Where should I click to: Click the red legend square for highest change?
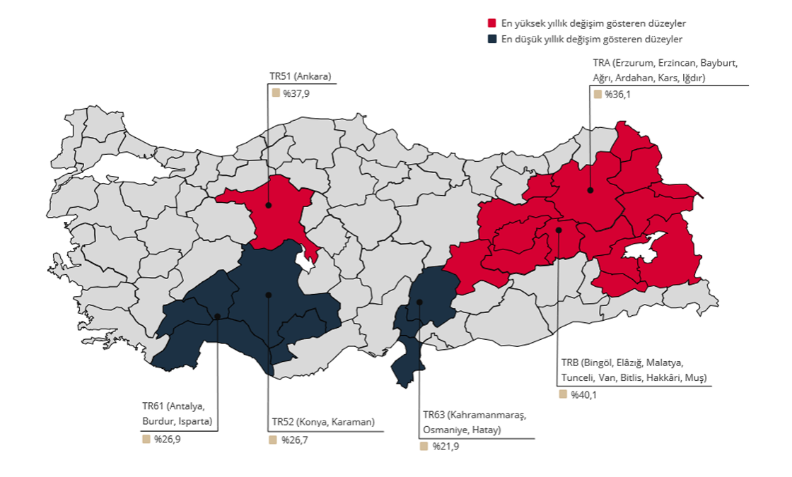(491, 24)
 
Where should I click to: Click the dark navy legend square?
(491, 40)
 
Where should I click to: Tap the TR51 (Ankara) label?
(301, 76)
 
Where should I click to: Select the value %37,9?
(296, 93)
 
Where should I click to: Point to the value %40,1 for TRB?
(583, 394)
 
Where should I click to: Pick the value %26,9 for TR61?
(167, 439)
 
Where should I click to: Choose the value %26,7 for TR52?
(294, 440)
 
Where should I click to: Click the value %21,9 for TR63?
(445, 446)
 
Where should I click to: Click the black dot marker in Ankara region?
(269, 206)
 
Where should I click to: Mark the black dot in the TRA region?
(590, 190)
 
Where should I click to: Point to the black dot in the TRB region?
(558, 230)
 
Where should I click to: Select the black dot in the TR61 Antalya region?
(217, 316)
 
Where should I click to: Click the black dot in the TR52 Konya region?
(268, 295)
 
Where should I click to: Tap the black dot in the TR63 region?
(419, 302)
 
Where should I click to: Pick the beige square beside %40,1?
(563, 394)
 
